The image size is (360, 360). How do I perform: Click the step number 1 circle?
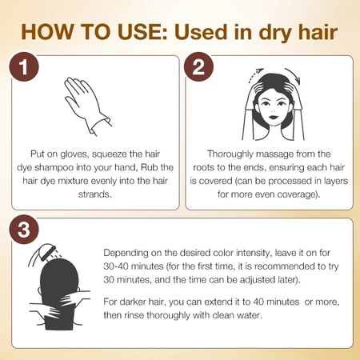point(24,66)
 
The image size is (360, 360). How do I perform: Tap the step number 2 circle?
point(198,66)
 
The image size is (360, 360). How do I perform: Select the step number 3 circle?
point(24,230)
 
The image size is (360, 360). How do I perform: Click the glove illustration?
point(86,106)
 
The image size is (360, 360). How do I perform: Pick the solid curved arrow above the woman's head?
point(294,74)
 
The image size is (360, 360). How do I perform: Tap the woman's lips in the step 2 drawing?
point(273,117)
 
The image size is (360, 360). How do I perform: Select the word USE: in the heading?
point(142,32)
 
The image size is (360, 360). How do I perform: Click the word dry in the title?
point(275,34)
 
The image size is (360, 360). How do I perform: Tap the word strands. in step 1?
point(95,194)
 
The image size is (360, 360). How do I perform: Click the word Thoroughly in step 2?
point(230,154)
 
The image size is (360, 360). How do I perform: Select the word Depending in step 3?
point(126,253)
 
